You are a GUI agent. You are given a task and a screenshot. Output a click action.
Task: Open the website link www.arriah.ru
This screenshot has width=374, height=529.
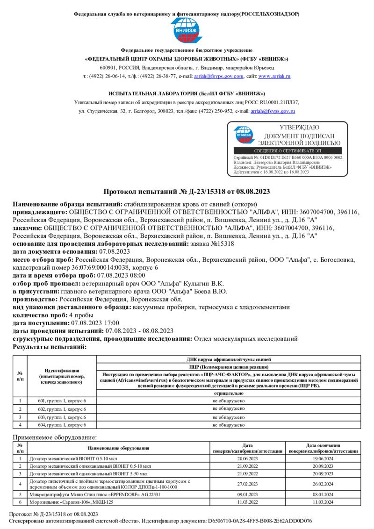274,76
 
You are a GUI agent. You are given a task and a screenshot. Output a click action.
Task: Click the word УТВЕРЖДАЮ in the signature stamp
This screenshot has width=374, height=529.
299,127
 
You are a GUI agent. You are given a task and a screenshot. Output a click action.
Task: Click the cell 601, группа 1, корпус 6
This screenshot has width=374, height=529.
61,401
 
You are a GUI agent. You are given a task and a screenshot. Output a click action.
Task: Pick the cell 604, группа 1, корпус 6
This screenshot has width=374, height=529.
61,425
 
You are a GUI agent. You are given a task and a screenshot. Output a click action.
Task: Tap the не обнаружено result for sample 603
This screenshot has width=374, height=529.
229,417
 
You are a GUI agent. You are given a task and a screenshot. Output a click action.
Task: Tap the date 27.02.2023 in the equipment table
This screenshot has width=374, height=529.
248,484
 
